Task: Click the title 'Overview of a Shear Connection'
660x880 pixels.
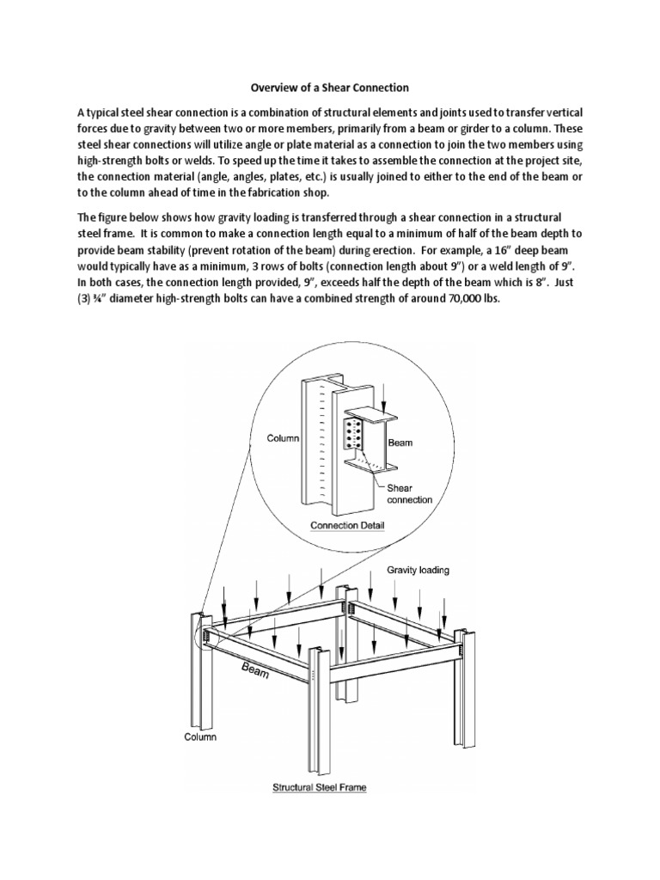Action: click(329, 87)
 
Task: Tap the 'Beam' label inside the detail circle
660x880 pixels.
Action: click(400, 443)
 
